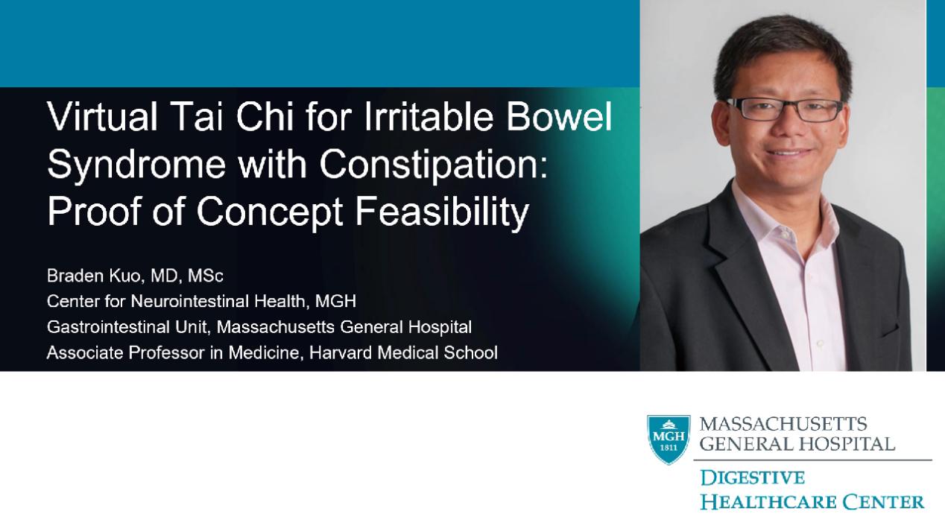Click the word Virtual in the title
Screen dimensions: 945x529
pos(102,116)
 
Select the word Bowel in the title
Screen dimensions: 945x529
pos(560,116)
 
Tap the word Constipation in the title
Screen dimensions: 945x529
pos(433,165)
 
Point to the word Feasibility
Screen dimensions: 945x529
pos(442,212)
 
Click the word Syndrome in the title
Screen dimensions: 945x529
pos(136,165)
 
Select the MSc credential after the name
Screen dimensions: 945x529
pos(206,276)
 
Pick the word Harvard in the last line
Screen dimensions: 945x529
pos(341,352)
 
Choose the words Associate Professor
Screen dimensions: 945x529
pos(126,352)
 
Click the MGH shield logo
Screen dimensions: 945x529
pos(669,440)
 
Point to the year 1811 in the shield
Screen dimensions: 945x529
pos(669,448)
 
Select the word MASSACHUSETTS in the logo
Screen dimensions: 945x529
pos(783,424)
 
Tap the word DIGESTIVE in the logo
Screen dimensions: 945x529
pos(752,478)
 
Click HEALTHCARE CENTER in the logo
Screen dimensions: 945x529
pos(812,502)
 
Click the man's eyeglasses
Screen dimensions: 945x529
pos(785,110)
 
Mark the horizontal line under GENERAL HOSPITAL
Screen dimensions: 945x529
pos(812,460)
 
